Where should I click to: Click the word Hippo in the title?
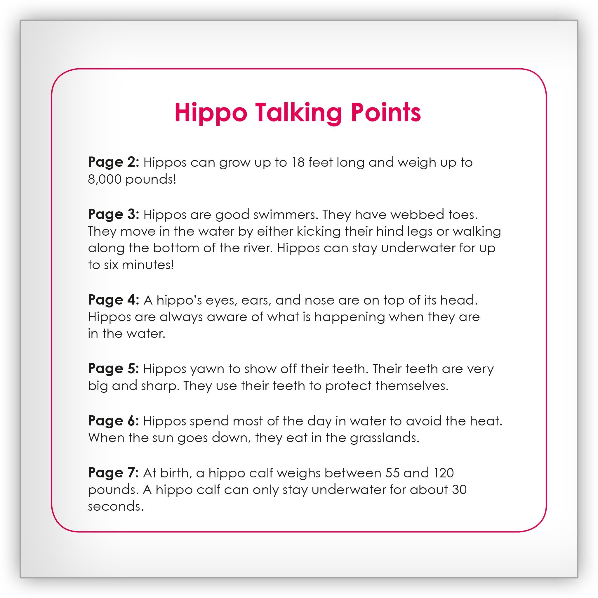(211, 113)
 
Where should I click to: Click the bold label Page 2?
(114, 162)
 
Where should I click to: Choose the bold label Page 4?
(114, 300)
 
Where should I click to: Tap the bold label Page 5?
(114, 368)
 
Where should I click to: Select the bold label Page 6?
(114, 420)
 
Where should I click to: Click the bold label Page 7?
(114, 472)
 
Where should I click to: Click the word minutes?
(148, 265)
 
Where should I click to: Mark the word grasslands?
(385, 438)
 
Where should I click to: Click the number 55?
(392, 473)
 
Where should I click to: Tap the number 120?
(444, 473)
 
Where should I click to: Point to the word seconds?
(116, 506)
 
